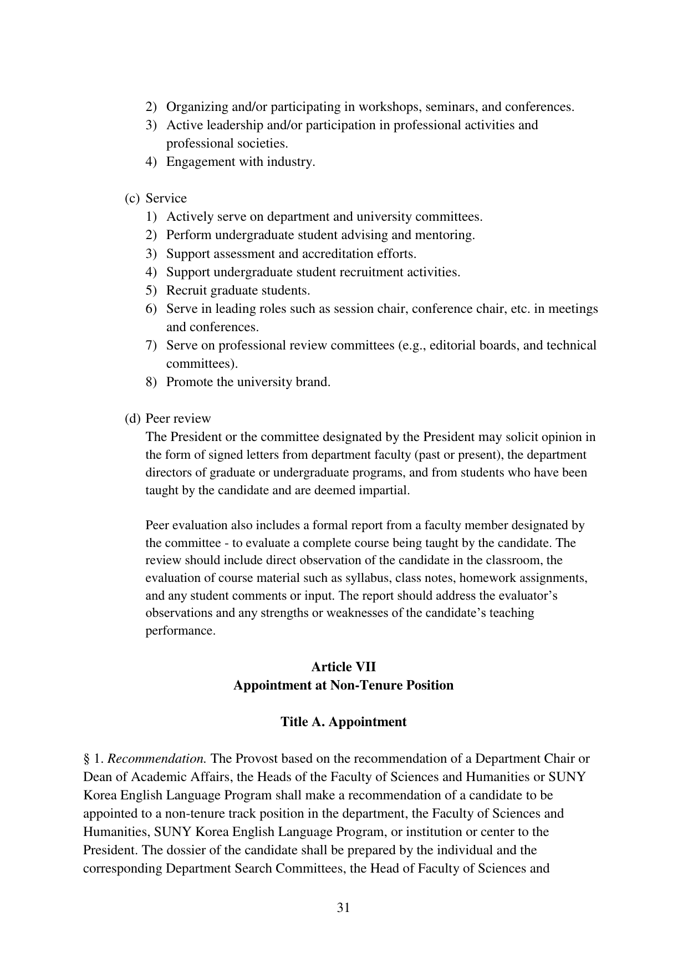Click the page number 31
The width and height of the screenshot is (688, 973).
[343, 908]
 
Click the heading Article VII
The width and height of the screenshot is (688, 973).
[343, 667]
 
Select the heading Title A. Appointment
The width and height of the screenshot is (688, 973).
[343, 722]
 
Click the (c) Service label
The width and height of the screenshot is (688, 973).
[156, 199]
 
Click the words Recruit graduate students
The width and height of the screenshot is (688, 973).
[238, 291]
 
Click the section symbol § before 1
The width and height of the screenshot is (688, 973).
[86, 758]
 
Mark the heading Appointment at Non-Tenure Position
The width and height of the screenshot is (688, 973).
[343, 685]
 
